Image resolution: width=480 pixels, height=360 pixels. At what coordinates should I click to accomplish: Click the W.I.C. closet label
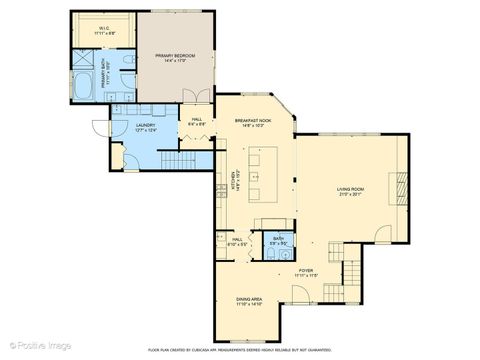pyautogui.click(x=104, y=29)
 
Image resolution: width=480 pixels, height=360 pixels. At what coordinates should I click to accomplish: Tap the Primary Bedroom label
pyautogui.click(x=176, y=57)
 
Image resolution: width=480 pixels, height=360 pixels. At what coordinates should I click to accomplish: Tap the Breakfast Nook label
pyautogui.click(x=250, y=122)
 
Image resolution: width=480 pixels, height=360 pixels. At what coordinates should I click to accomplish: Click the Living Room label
pyautogui.click(x=349, y=189)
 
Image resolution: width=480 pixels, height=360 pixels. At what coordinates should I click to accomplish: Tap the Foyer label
pyautogui.click(x=307, y=271)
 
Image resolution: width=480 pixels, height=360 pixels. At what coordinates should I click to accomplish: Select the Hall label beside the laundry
pyautogui.click(x=192, y=121)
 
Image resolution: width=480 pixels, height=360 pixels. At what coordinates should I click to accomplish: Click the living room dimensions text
pyautogui.click(x=349, y=195)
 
